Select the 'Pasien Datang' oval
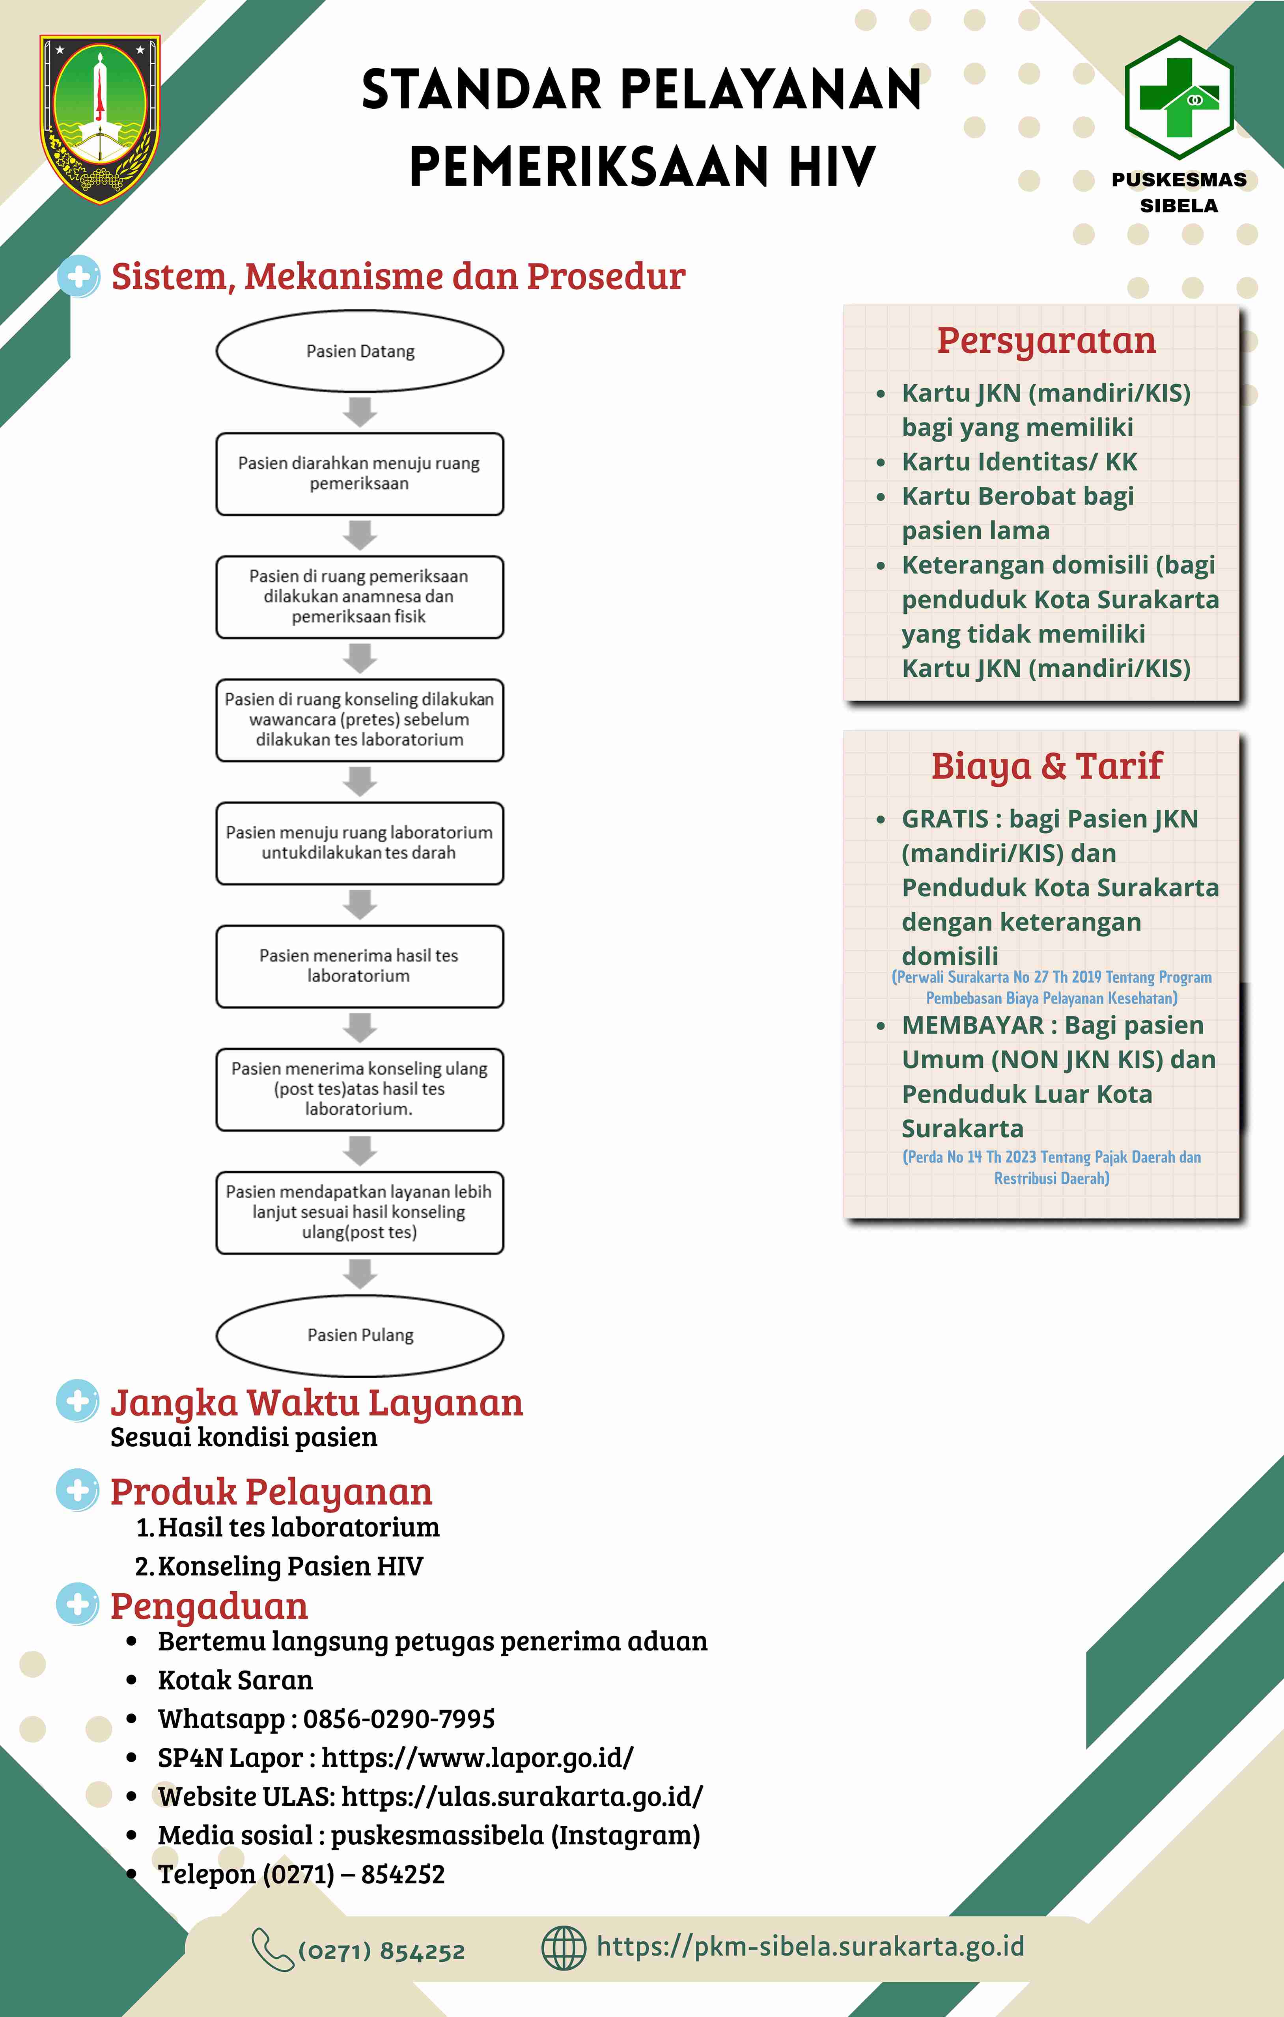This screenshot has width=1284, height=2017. (360, 351)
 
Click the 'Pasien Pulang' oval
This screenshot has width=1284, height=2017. (360, 1335)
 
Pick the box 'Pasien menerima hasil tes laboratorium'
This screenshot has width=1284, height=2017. (360, 966)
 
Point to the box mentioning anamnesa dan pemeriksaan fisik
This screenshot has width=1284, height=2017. (360, 596)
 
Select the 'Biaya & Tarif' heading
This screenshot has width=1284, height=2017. (1047, 765)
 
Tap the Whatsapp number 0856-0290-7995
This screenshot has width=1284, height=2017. (399, 1719)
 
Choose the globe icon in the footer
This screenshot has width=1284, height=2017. (564, 1948)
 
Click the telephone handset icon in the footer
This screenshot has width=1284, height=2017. (272, 1949)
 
